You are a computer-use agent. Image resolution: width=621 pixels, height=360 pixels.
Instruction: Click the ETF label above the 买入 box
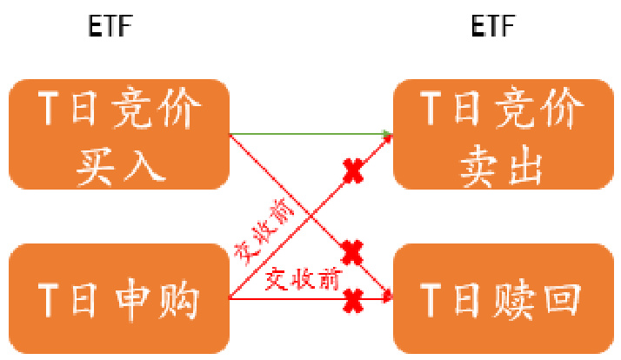point(110,27)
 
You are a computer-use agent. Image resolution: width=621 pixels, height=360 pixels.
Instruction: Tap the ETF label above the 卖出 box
point(493,27)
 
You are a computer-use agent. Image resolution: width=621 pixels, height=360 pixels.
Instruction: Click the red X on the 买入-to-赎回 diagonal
point(351,253)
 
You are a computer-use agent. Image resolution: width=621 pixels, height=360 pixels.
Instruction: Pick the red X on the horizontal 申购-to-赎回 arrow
point(352,300)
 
